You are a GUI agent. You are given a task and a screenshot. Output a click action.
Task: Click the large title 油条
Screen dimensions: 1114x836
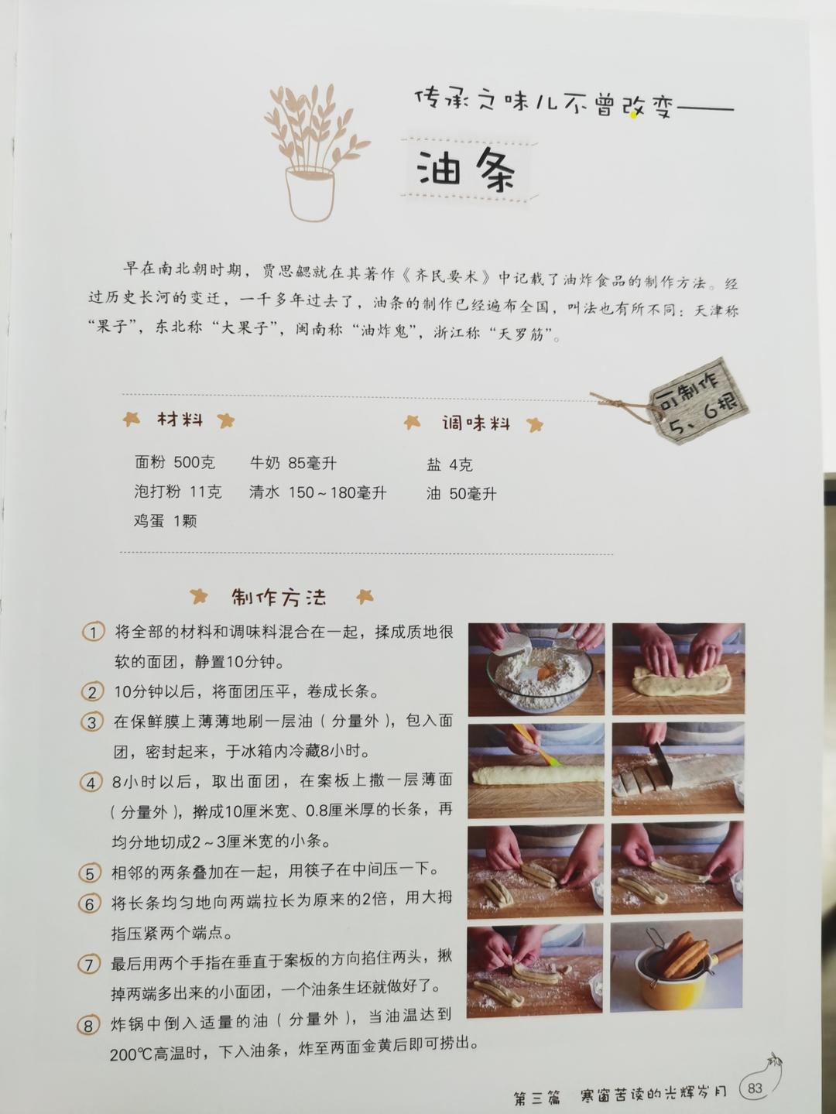(467, 170)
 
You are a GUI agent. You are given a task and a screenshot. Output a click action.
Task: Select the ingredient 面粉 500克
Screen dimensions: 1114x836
(174, 462)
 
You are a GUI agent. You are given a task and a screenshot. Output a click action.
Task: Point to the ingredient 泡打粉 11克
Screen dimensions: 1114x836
(177, 492)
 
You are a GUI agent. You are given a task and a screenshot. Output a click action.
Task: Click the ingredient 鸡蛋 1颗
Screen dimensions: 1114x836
(165, 521)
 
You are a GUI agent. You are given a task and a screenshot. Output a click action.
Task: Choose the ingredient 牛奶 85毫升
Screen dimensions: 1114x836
(293, 463)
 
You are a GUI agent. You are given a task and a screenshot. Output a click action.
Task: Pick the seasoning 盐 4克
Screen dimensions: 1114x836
(449, 464)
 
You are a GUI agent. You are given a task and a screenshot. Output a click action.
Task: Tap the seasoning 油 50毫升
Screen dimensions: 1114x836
(461, 494)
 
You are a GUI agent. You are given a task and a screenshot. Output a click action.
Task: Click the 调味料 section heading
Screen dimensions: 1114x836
(475, 423)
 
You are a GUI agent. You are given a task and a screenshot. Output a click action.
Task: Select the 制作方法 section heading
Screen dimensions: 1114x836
(279, 597)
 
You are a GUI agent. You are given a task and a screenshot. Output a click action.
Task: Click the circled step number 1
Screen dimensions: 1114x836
(93, 632)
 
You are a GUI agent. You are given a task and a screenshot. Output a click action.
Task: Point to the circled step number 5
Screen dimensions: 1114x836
(90, 873)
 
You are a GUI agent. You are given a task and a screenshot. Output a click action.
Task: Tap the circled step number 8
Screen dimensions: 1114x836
(88, 1026)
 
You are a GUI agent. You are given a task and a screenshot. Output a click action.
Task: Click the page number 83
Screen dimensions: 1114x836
(755, 1088)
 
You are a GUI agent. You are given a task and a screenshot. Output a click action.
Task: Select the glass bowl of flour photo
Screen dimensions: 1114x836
(536, 670)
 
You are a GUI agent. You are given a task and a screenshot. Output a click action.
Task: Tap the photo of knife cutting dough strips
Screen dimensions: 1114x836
(677, 769)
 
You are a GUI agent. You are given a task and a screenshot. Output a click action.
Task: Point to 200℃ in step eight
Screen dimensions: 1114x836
(135, 1054)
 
